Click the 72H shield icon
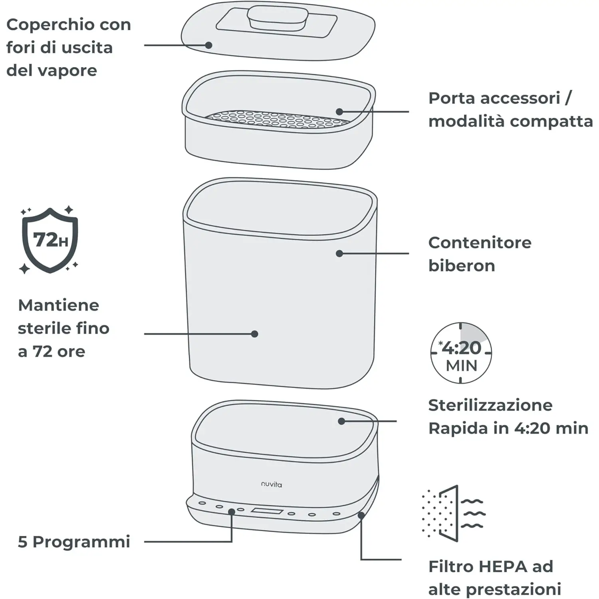(50, 240)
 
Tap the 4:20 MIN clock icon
(461, 353)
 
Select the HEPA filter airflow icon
(454, 514)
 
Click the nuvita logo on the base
(272, 484)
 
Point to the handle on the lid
(278, 18)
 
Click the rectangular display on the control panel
(267, 511)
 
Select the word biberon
(462, 266)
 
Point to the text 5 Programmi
(74, 542)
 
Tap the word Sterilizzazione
(490, 405)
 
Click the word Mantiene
(59, 305)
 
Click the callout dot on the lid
(208, 45)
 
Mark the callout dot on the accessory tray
(339, 112)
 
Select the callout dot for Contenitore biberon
(339, 253)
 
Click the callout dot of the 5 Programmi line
(231, 512)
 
